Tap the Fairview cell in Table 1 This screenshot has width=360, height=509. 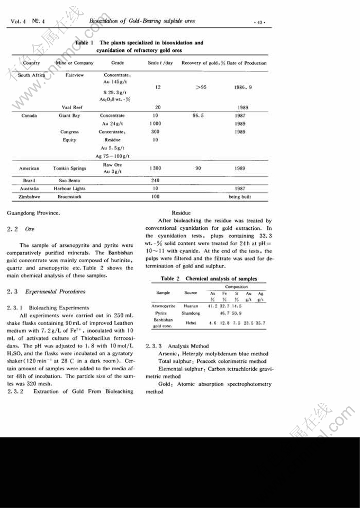click(x=74, y=75)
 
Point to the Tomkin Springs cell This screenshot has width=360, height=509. click(x=69, y=168)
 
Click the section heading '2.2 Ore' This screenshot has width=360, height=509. click(x=21, y=229)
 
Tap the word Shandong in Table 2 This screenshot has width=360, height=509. click(x=191, y=313)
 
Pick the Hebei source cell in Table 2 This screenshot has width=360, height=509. click(x=191, y=322)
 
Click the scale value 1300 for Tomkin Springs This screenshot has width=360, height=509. click(x=155, y=168)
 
